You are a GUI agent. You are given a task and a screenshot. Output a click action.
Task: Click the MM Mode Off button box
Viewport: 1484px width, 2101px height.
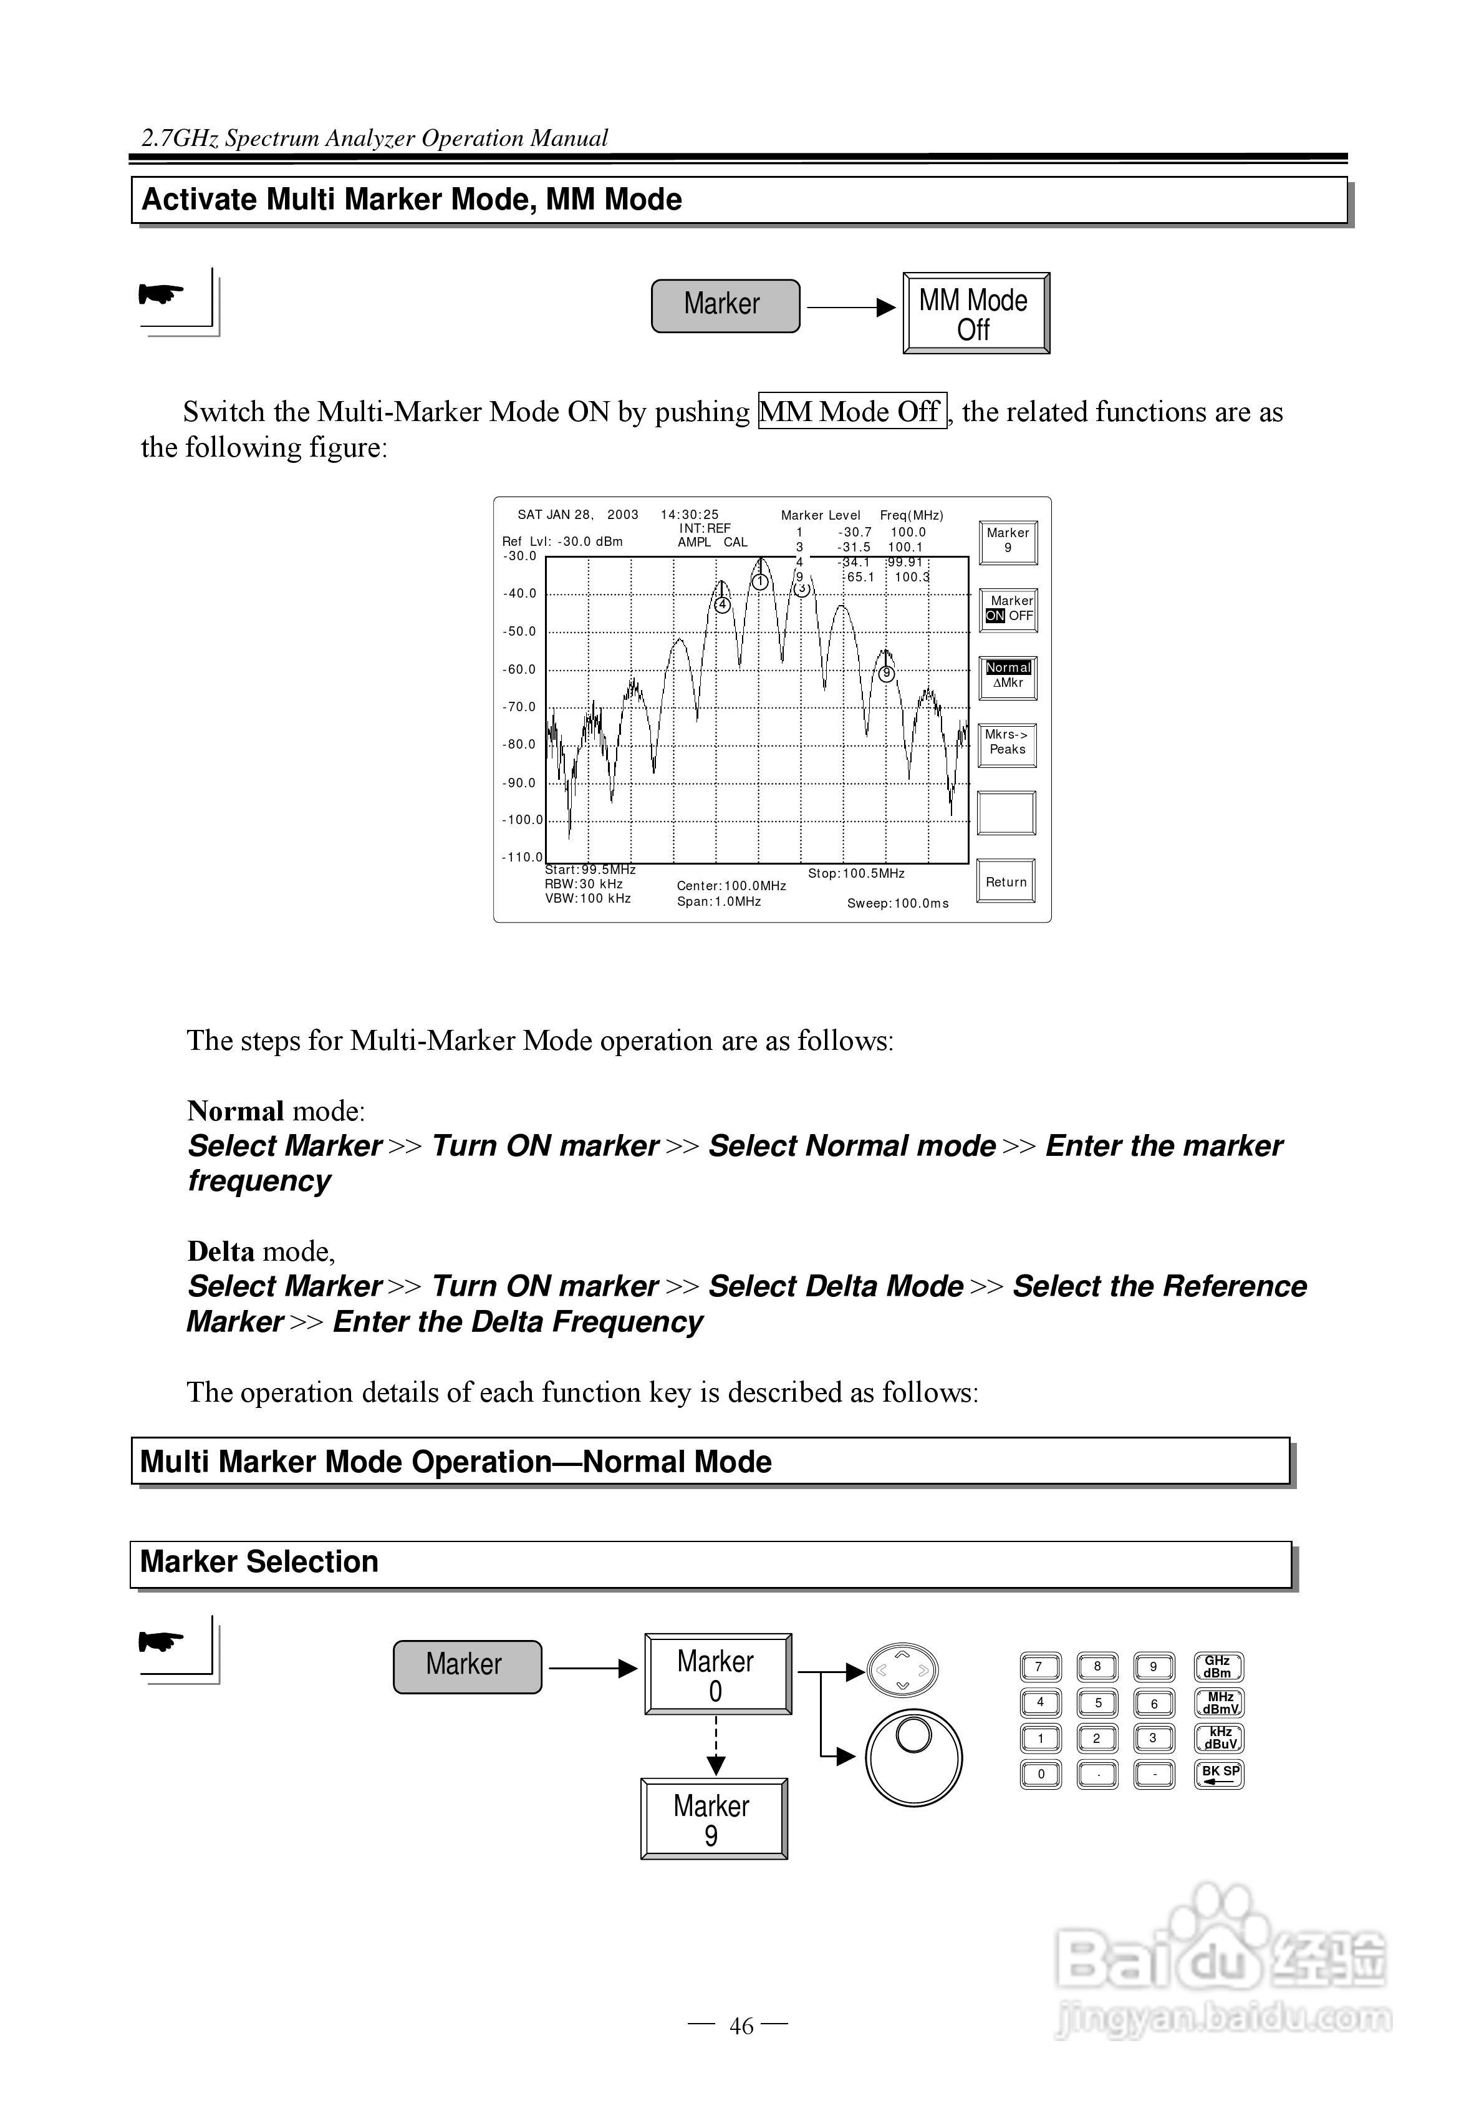[x=975, y=313]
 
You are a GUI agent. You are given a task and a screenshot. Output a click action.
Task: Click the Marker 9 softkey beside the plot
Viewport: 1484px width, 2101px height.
[x=1008, y=541]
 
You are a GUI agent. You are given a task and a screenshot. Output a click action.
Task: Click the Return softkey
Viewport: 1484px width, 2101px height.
[x=1006, y=881]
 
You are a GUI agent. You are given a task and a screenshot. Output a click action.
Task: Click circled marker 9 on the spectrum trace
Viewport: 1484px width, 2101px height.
[x=885, y=674]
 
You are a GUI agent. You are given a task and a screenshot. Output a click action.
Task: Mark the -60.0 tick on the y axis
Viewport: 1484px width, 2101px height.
[x=519, y=669]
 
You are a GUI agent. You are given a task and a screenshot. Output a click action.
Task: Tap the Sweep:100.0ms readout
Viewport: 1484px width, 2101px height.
[x=897, y=903]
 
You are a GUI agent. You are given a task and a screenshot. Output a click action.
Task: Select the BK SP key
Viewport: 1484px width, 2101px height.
[x=1218, y=1773]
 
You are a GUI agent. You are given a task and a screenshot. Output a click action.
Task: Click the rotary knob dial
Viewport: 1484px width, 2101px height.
[x=913, y=1757]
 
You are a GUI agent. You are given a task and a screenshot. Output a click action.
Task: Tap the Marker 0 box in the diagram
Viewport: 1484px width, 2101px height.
[x=717, y=1674]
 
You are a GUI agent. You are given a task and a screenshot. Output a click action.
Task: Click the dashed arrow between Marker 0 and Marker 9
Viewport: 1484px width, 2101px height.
[x=716, y=1747]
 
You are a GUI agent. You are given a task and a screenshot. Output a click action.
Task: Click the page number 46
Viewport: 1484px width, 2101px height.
[x=741, y=2027]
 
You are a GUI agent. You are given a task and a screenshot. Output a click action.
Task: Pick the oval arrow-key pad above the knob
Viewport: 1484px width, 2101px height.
[x=903, y=1670]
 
